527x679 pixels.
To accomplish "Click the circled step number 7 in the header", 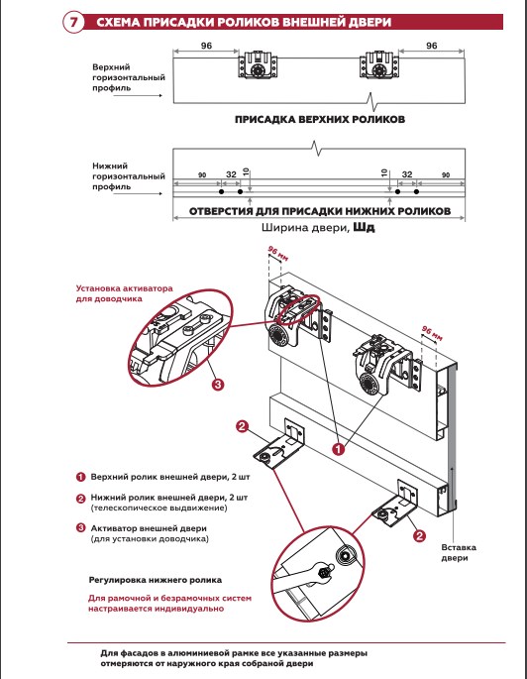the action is [74, 22].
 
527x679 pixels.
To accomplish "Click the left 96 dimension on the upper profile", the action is [206, 46].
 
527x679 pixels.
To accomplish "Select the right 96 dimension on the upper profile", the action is [431, 46].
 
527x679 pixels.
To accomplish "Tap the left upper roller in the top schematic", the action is [259, 65].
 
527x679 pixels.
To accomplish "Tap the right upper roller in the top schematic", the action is [379, 65].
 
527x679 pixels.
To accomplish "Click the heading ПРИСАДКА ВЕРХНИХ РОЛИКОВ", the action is [320, 120].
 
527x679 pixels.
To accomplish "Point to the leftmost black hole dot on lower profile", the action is [222, 192].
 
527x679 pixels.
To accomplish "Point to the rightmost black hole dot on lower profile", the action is [416, 192].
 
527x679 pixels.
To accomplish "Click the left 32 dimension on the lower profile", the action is [232, 174].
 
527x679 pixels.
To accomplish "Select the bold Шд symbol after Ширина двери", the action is [364, 227].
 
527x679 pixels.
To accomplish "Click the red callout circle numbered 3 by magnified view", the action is [218, 384].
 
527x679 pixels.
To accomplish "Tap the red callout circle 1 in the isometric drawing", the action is [339, 449].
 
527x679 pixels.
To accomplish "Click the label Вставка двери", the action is [459, 552].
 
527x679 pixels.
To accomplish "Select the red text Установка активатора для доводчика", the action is [124, 293].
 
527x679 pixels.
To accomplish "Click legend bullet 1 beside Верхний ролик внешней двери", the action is [81, 477].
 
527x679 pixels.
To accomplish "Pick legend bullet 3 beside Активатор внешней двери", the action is [81, 528].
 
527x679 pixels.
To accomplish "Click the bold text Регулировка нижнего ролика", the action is [156, 580].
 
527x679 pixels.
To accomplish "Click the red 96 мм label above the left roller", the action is [277, 254].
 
